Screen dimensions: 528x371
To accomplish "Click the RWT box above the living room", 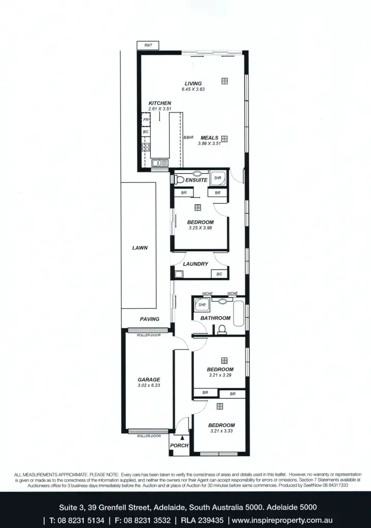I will click(148, 46).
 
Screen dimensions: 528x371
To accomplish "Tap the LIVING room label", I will click(193, 84).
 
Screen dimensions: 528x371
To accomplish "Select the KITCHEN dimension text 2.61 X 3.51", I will click(160, 109).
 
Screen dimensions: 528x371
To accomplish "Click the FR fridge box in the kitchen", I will click(146, 120).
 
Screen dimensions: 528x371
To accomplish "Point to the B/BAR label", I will click(188, 138).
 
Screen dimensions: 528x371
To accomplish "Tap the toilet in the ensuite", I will click(178, 180).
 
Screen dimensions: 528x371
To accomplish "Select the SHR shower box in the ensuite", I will click(217, 178).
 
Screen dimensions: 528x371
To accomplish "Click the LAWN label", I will click(140, 247).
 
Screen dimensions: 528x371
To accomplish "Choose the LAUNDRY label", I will click(195, 264).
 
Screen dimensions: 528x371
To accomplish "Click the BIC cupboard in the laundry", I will click(219, 274).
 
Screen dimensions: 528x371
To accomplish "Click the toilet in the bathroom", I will click(223, 329).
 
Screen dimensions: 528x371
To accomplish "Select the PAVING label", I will click(149, 319).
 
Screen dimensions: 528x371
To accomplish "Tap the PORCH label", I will click(179, 445).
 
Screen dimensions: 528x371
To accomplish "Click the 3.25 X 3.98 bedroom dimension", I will click(200, 228).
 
